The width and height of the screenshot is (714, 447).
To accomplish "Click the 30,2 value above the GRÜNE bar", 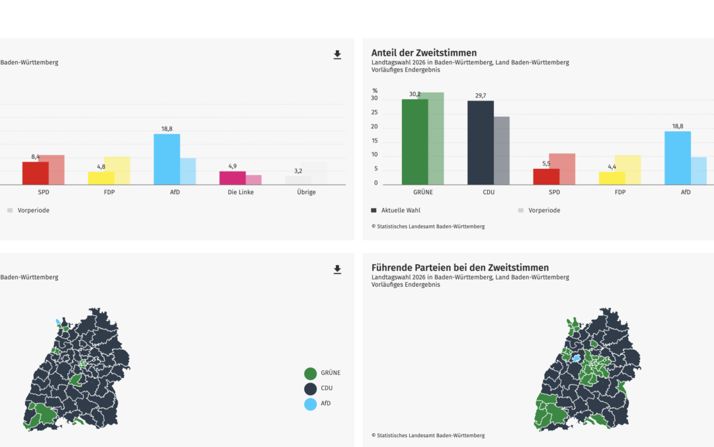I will [x=415, y=94].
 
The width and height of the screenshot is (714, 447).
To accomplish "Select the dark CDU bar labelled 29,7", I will [x=480, y=142].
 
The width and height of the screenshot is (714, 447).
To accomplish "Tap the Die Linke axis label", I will [x=241, y=192].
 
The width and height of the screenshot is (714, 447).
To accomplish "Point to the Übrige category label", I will [x=306, y=192].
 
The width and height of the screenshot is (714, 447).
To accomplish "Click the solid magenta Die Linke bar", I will [x=232, y=178].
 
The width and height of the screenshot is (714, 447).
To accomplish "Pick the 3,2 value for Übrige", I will [x=298, y=171].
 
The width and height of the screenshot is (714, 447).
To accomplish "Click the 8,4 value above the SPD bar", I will [x=36, y=157].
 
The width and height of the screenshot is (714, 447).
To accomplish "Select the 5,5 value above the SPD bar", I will [x=546, y=164].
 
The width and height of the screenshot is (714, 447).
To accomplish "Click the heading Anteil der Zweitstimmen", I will [x=424, y=53].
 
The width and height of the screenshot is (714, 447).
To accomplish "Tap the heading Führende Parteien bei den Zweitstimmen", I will [x=460, y=268].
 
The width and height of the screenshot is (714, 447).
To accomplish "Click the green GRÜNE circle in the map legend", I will [x=310, y=373].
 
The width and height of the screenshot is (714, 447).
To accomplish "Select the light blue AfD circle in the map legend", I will [x=310, y=403].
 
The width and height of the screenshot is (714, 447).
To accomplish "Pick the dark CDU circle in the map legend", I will [x=310, y=388].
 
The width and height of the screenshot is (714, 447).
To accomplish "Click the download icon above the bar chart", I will [x=337, y=55].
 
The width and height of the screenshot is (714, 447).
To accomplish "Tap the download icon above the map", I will [x=337, y=270].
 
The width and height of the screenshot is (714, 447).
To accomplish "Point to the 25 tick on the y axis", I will [x=374, y=113].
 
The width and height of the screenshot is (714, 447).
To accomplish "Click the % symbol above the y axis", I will [x=375, y=91].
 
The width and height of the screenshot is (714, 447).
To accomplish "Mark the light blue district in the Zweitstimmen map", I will [x=576, y=358].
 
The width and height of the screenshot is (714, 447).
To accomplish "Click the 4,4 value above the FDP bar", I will [x=612, y=167].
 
